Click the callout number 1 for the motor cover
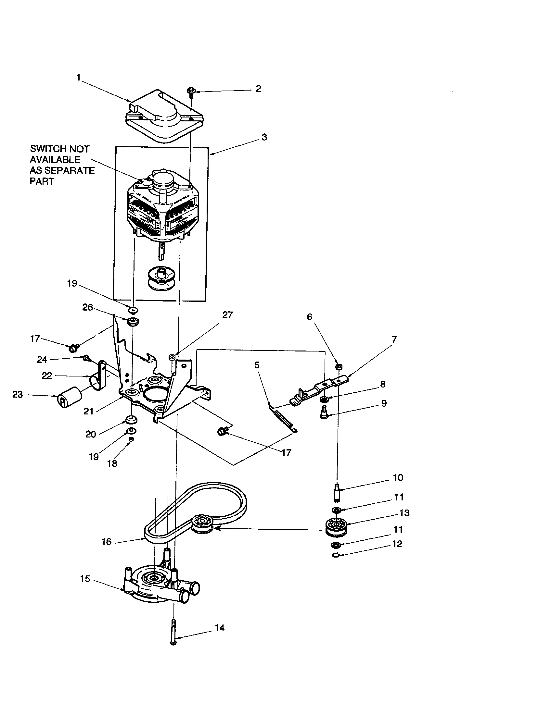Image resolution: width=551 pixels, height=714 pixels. coord(79,78)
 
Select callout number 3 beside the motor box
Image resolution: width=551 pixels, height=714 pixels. coord(264,137)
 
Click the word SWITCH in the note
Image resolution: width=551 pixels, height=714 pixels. coord(45,149)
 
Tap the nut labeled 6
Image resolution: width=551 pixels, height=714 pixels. coord(339,366)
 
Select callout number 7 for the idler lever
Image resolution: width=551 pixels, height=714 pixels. coord(394,340)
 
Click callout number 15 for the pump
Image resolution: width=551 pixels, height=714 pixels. coord(85,579)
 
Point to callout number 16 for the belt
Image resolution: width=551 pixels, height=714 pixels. coord(107,542)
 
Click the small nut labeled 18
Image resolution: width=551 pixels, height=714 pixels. coord(131,439)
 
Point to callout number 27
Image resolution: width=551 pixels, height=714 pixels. coord(227,315)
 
